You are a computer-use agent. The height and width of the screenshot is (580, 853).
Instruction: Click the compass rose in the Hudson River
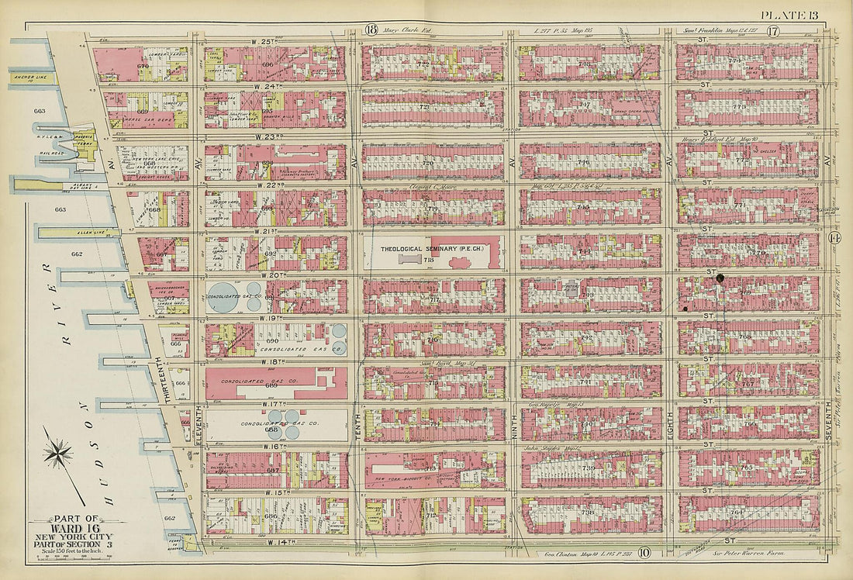(x=58, y=452)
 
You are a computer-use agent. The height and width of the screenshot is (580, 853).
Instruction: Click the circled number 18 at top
(x=371, y=31)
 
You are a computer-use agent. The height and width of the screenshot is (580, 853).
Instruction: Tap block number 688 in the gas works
(x=271, y=429)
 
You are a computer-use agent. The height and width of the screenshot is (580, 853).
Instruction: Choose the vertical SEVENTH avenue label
(x=828, y=423)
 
